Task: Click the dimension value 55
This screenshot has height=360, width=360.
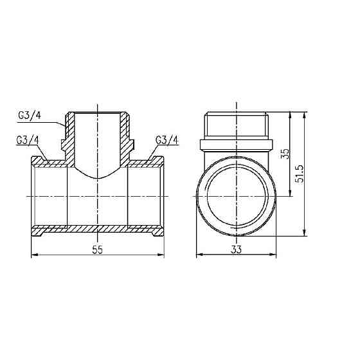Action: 97,249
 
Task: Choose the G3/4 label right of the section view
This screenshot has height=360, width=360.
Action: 166,141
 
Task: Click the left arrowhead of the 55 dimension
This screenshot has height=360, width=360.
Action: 34,256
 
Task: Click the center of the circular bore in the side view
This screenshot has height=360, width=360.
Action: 236,194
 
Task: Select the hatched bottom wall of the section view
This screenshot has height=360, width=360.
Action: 97,230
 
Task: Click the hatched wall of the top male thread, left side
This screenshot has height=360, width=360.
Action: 67,132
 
